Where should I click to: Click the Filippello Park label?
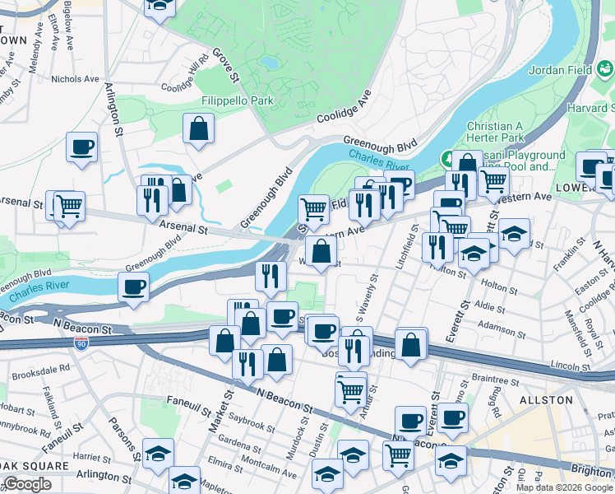[x=237, y=100]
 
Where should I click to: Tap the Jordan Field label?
[x=568, y=70]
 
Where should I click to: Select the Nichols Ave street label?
[x=75, y=79]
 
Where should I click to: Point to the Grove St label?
[x=225, y=64]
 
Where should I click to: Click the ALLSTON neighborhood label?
[x=546, y=399]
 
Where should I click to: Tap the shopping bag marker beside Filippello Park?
[x=198, y=128]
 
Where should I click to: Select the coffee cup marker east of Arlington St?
[x=81, y=147]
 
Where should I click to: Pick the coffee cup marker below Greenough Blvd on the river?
[x=133, y=287]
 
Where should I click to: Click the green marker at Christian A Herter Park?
[x=448, y=156]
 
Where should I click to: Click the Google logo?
[x=27, y=484]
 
